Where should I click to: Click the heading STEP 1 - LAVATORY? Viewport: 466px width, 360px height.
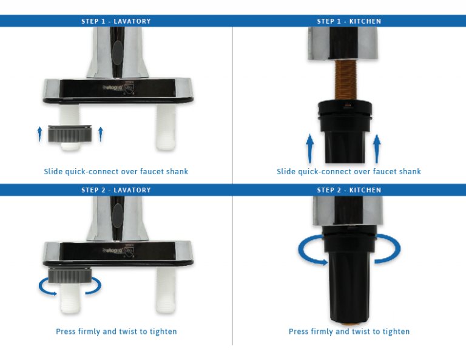click(x=116, y=21)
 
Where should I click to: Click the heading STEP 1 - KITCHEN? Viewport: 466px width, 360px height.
click(x=349, y=21)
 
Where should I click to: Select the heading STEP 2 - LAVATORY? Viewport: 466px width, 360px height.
click(x=116, y=190)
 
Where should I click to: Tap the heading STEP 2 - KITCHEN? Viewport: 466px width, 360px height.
click(x=349, y=190)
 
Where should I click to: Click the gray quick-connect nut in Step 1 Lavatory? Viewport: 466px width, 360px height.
click(x=70, y=134)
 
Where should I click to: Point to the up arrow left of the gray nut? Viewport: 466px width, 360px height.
click(x=40, y=134)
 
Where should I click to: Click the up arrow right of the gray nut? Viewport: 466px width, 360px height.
click(x=101, y=134)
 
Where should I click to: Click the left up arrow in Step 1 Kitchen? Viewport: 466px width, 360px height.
click(x=309, y=148)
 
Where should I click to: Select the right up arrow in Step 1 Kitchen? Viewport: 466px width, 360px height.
click(x=377, y=149)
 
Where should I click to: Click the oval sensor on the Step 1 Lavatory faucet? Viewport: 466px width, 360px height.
click(x=118, y=53)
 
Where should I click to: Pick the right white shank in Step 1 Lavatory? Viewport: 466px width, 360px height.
click(x=166, y=126)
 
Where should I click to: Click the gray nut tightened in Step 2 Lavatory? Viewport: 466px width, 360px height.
click(x=70, y=275)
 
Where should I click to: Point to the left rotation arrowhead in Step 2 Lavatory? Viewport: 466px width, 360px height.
click(x=54, y=293)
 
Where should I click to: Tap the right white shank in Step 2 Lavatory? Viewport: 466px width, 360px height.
click(x=166, y=289)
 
